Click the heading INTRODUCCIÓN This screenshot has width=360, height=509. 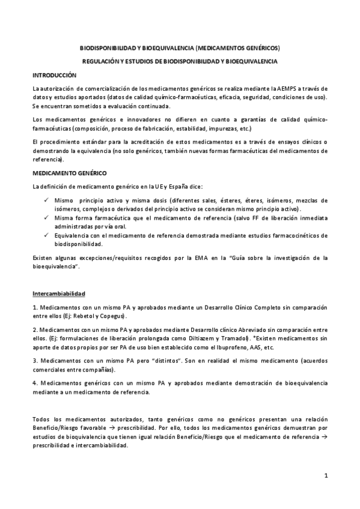tap(55, 76)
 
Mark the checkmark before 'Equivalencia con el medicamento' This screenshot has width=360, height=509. tap(46, 235)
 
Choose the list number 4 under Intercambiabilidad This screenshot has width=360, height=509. tap(35, 382)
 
